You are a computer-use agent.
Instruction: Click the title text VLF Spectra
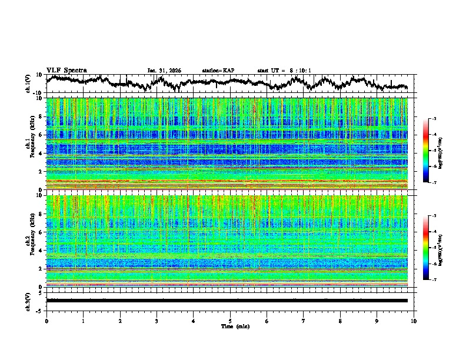pyautogui.click(x=66, y=70)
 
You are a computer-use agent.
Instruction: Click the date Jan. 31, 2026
pyautogui.click(x=164, y=71)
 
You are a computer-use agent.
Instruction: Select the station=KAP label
pyautogui.click(x=218, y=71)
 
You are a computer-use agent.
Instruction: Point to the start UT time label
pyautogui.click(x=284, y=71)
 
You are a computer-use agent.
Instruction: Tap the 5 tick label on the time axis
pyautogui.click(x=230, y=321)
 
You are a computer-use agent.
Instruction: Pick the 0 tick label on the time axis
pyautogui.click(x=46, y=321)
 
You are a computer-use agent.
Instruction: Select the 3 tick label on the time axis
pyautogui.click(x=157, y=321)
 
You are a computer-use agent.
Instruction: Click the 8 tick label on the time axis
pyautogui.click(x=340, y=321)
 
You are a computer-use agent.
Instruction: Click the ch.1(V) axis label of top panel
pyautogui.click(x=28, y=84)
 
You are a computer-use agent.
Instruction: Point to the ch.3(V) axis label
pyautogui.click(x=28, y=301)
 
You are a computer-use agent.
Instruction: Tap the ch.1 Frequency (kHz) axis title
pyautogui.click(x=30, y=144)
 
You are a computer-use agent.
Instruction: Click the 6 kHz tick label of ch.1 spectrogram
pyautogui.click(x=41, y=135)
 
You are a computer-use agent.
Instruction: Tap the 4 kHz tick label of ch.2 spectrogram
pyautogui.click(x=41, y=250)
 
